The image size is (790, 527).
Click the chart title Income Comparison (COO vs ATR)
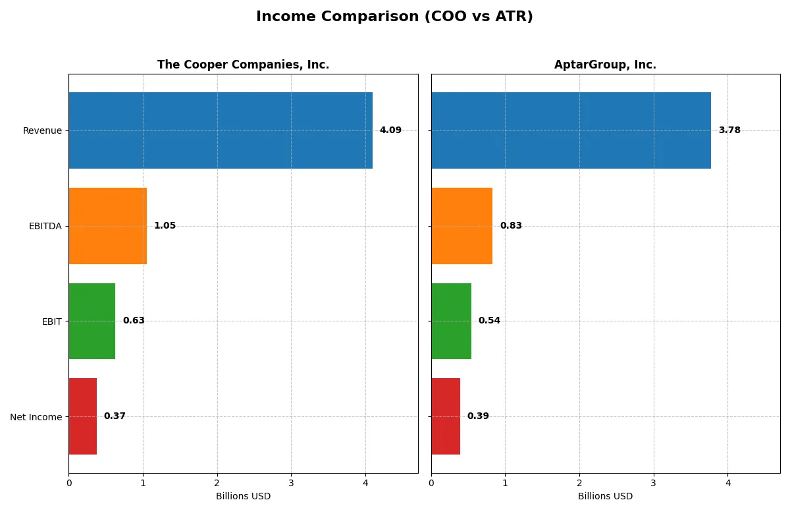394,17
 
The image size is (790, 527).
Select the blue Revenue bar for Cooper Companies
221,130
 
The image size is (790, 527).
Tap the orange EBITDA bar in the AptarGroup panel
461,226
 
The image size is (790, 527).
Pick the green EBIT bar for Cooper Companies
92,321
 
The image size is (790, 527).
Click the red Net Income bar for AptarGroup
446,416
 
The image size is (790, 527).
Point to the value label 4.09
390,130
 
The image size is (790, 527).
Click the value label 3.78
729,130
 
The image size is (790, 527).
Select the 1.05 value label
165,226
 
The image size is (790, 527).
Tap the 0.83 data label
511,226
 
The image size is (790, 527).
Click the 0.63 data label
134,321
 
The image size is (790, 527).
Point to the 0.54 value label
489,321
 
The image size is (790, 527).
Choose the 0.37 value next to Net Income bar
115,416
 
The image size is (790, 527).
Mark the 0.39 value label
478,416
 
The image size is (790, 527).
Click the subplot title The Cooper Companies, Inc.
243,65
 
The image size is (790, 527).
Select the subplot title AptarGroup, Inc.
605,65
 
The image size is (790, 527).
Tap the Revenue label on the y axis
42,130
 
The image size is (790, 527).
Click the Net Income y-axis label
36,417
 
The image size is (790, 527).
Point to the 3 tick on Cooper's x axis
291,483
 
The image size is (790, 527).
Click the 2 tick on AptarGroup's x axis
579,483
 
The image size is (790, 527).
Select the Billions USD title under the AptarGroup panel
605,496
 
